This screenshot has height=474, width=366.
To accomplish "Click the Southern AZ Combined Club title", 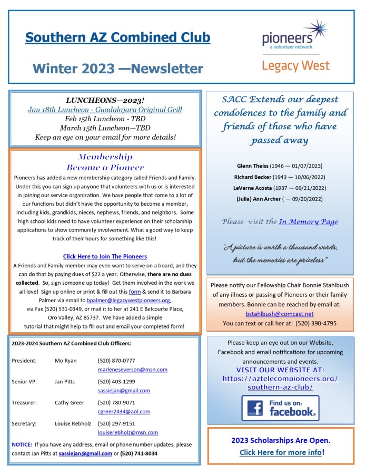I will [117, 38].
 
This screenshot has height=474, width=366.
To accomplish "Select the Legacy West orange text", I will [295, 66].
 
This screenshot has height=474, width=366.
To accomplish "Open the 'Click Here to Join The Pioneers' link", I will [105, 256].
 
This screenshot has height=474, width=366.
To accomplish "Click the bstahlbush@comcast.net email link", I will [280, 313].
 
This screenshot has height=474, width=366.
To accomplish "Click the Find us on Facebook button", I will [280, 408].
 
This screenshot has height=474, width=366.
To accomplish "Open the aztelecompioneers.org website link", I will [280, 383].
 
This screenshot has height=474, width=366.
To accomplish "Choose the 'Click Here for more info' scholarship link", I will [280, 452].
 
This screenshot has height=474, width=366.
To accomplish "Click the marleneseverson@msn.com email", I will [132, 370].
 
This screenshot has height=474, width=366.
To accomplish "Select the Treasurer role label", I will [24, 402].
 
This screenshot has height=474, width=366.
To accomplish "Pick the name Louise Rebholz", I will [72, 423].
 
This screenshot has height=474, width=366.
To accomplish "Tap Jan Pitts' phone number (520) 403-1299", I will [116, 381].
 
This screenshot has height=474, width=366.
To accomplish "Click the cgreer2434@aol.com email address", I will [124, 411].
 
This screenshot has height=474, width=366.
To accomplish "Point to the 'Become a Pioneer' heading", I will [105, 168].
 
